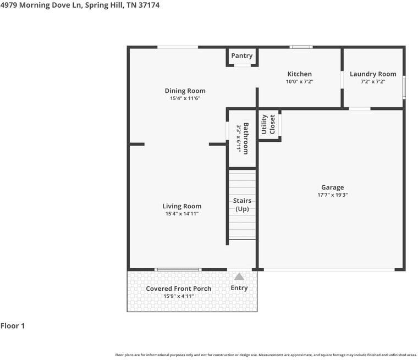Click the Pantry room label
[x=242, y=56]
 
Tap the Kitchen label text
[x=299, y=74]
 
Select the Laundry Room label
[x=373, y=74]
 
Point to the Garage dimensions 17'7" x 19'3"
[x=332, y=195]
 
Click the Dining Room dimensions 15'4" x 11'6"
[x=185, y=98]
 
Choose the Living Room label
[x=182, y=206]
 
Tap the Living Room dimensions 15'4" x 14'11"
[x=182, y=214]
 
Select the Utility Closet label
[x=268, y=124]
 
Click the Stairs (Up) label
[x=242, y=205]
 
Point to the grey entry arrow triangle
[x=239, y=277]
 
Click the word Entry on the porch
[x=239, y=288]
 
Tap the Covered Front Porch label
[x=178, y=289]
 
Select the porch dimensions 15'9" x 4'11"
[x=178, y=296]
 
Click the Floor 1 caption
[x=13, y=326]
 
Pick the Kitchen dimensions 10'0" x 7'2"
[x=299, y=81]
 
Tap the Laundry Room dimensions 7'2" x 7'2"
[x=373, y=81]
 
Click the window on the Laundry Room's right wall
[x=404, y=87]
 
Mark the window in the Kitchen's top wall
[x=301, y=47]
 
